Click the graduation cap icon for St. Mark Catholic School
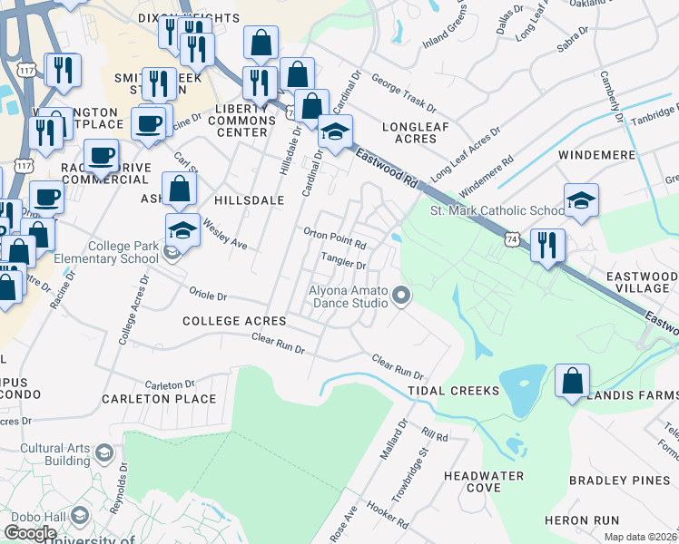pyautogui.click(x=581, y=201)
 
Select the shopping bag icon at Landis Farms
pyautogui.click(x=572, y=381)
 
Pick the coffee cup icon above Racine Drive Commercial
pyautogui.click(x=102, y=156)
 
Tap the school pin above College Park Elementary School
pyautogui.click(x=182, y=230)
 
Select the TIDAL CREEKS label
pyautogui.click(x=453, y=390)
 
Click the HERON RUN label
pyautogui.click(x=581, y=520)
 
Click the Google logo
pyautogui.click(x=30, y=533)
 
